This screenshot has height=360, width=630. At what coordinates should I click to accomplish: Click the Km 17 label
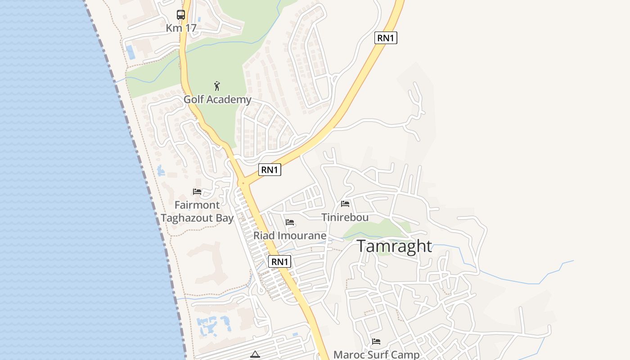tap(181, 28)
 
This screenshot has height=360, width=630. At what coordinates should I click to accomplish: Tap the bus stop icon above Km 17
tap(181, 15)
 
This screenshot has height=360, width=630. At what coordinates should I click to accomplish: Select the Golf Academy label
tap(217, 99)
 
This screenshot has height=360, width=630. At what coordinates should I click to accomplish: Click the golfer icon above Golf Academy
tap(217, 86)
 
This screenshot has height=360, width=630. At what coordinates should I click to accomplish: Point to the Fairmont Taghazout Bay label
tap(197, 211)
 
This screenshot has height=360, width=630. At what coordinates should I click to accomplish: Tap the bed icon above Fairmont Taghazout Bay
tap(197, 192)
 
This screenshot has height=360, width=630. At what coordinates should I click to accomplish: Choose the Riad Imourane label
tap(290, 235)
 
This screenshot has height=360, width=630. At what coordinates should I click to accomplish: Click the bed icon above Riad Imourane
tap(290, 222)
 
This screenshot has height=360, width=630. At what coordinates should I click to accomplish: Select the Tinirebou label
tap(345, 217)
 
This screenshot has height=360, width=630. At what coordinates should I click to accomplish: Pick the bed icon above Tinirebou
tap(345, 204)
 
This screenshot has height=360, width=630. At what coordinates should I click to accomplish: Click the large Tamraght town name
tap(394, 246)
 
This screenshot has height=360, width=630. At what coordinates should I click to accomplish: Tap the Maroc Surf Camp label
tap(376, 355)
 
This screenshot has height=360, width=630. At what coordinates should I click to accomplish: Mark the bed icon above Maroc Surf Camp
tap(376, 342)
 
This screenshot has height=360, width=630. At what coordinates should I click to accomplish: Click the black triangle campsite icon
tap(255, 355)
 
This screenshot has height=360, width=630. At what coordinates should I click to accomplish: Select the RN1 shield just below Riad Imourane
tap(280, 261)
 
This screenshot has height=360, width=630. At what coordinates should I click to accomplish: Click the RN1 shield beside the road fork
tap(270, 170)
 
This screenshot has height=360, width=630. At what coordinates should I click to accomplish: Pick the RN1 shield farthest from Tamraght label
tap(386, 38)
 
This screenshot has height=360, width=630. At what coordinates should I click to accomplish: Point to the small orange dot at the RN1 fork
tap(243, 183)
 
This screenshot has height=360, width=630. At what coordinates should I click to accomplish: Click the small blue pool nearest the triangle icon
tap(295, 334)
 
